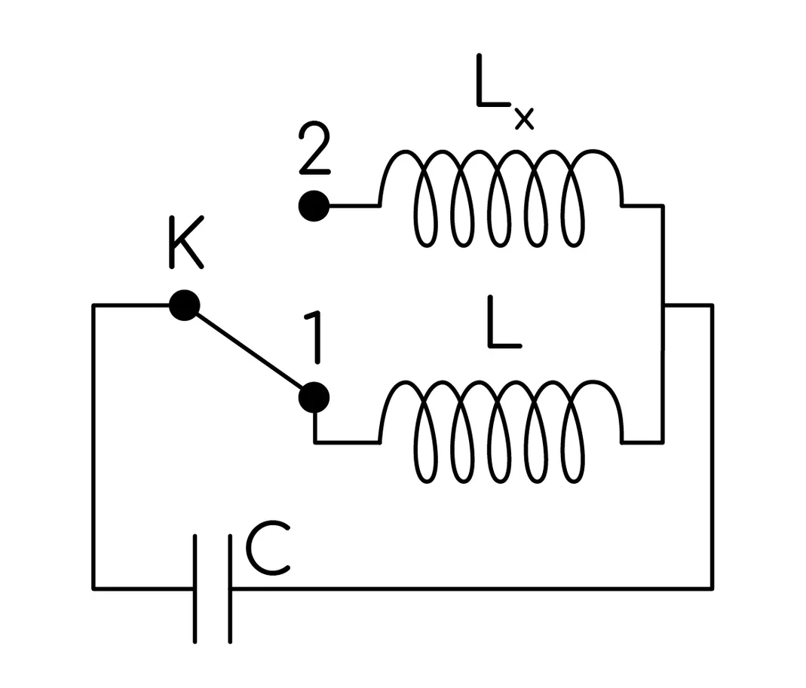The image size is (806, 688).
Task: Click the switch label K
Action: coord(186,243)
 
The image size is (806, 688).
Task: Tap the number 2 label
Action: coord(314,148)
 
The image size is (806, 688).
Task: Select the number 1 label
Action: coord(314,338)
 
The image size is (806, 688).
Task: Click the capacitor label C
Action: coord(268,549)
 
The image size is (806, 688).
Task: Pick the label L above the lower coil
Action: coord(504,323)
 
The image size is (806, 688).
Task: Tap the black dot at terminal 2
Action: coord(314,206)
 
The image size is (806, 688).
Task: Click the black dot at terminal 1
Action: coord(314,398)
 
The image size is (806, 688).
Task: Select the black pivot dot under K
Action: coord(185,305)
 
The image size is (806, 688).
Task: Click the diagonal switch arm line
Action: coord(250,351)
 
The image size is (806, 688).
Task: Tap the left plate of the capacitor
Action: coord(195,589)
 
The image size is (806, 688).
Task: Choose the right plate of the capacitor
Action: coord(230,589)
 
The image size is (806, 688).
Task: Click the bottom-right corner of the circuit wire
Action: coord(713,589)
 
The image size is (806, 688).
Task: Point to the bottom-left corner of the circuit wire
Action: coord(93,589)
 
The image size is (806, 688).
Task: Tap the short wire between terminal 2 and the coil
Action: coord(354,206)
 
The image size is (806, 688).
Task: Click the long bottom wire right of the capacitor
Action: coord(471,589)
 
